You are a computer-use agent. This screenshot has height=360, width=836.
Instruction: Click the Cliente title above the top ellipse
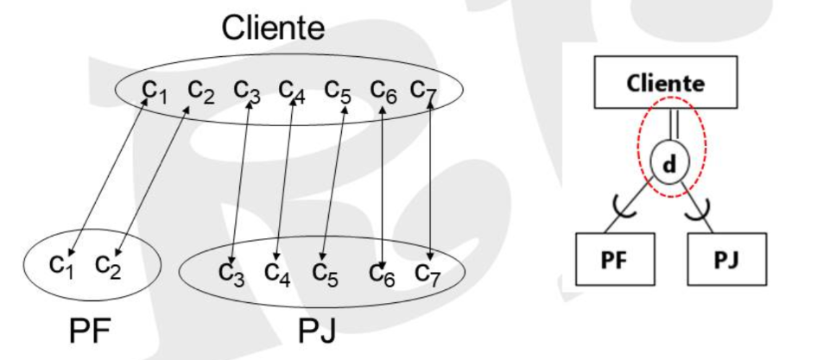273,28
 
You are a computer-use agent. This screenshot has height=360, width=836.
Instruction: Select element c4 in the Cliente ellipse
292,92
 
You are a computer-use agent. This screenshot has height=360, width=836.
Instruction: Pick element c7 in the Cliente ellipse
424,92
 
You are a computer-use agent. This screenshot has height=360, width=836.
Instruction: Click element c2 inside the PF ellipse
108,266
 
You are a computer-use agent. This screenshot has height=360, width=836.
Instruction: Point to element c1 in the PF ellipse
62,266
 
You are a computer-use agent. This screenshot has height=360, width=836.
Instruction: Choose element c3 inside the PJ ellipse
231,274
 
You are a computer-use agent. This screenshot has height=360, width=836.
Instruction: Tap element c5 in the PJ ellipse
326,274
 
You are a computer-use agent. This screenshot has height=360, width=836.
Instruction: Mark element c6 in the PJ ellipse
382,274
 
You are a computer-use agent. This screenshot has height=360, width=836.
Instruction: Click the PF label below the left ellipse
90,332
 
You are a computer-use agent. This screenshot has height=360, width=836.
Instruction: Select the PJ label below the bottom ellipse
317,332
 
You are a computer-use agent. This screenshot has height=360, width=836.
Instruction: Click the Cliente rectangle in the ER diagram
666,82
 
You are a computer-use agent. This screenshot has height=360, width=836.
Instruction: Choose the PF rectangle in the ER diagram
615,259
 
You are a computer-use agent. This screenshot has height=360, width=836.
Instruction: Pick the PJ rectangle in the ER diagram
727,259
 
